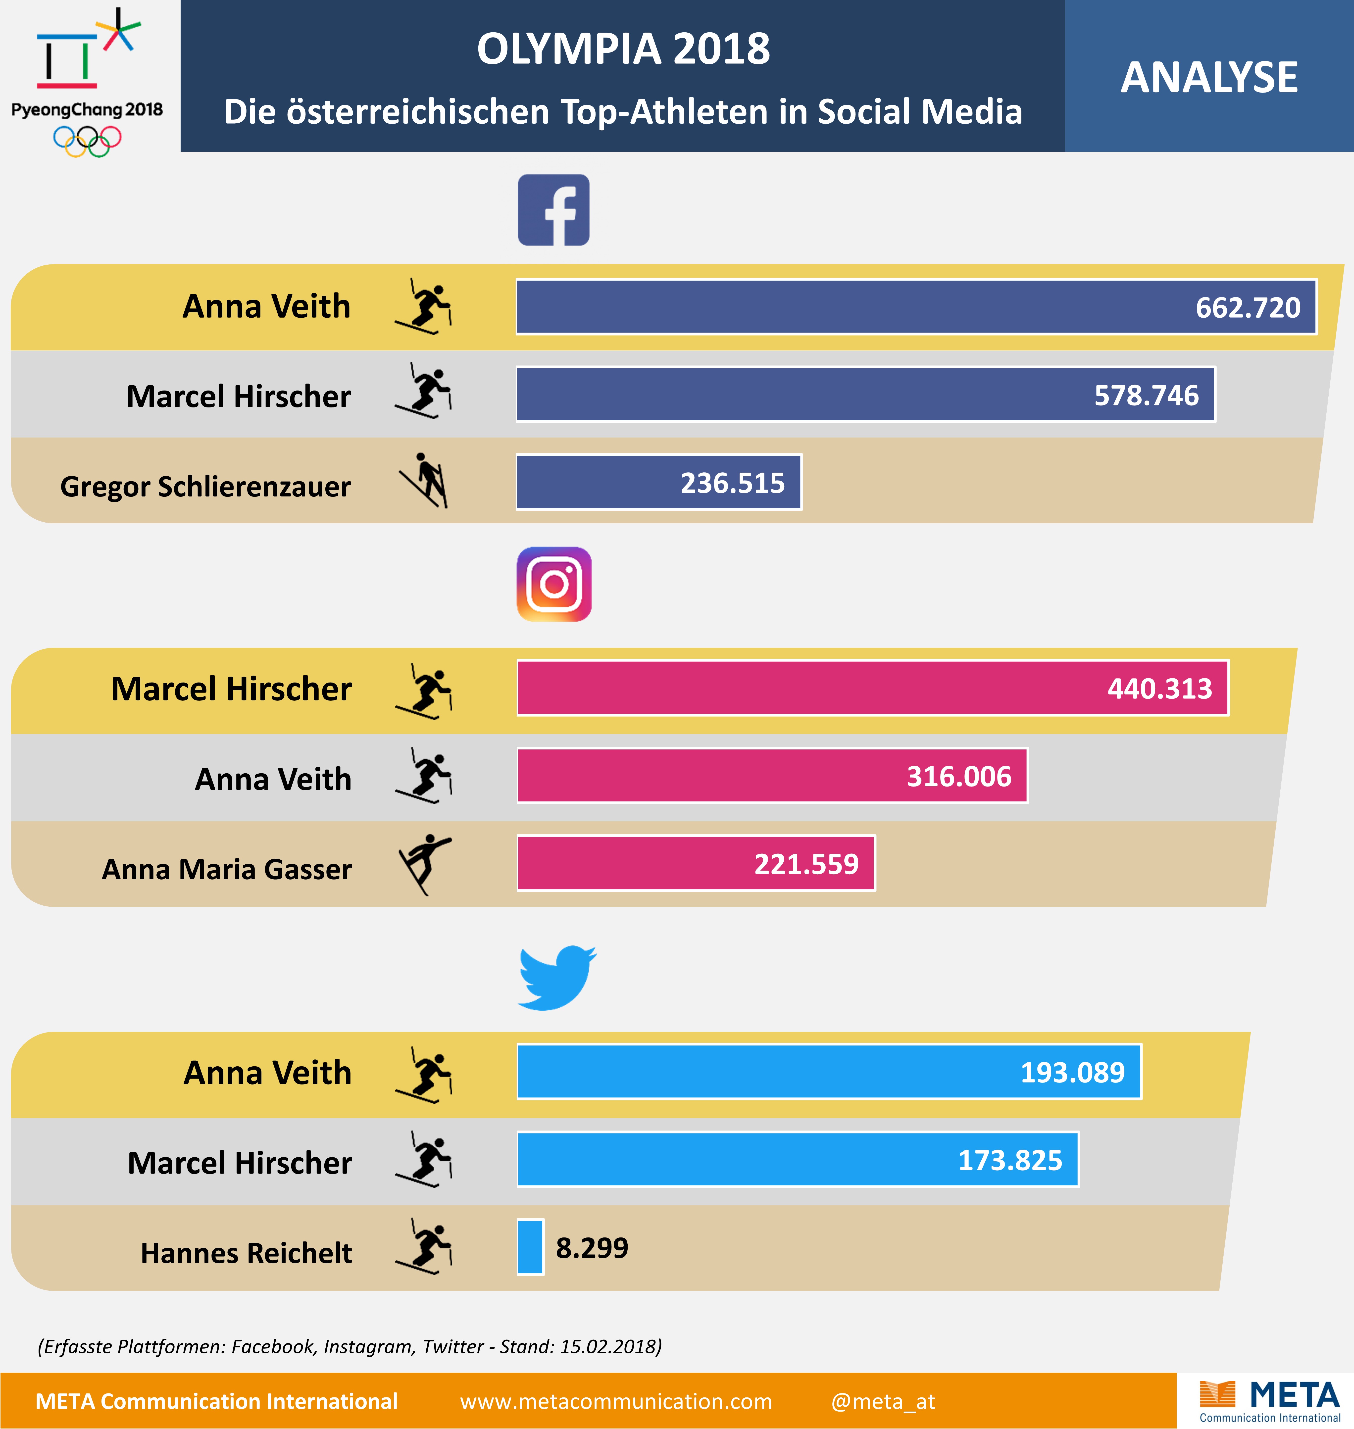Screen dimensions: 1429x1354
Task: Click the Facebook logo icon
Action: point(553,210)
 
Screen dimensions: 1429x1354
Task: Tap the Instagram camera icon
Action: point(553,584)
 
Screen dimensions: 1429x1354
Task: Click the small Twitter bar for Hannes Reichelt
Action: point(531,1246)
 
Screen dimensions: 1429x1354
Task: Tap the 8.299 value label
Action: point(592,1247)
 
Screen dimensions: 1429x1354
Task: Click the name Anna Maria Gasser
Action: point(227,869)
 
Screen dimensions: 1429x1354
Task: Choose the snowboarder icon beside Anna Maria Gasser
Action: point(424,864)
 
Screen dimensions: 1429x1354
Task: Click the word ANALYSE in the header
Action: point(1209,77)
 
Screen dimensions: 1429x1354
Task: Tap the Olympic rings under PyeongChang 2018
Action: point(87,141)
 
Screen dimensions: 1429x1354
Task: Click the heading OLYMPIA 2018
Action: point(623,49)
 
